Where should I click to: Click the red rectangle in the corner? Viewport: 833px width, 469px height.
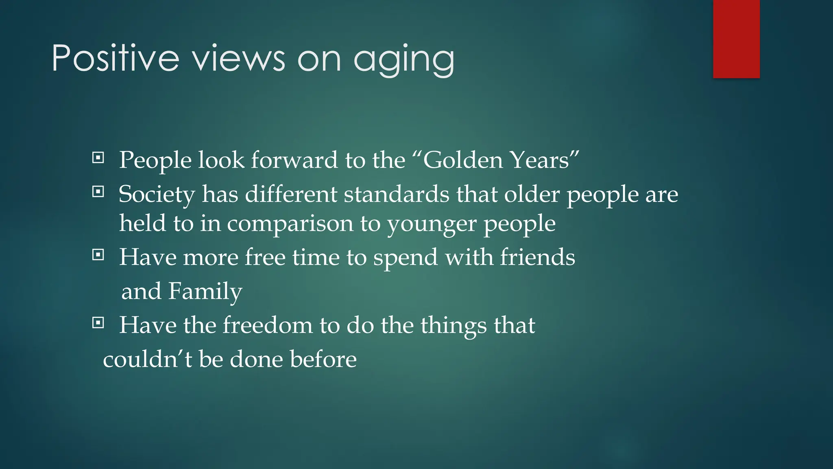point(736,39)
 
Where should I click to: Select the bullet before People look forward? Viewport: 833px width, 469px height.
point(98,158)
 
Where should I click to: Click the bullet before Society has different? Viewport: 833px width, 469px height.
point(98,191)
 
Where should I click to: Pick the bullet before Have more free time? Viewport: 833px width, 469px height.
point(98,255)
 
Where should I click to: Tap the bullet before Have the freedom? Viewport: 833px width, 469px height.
point(98,323)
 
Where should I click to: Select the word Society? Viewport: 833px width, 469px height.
point(157,194)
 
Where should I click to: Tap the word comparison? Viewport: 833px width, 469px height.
point(290,224)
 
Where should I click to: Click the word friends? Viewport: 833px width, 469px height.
point(537,257)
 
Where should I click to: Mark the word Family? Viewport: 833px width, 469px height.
point(205,291)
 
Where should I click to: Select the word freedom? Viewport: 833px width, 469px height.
point(267,325)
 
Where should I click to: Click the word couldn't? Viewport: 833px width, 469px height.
point(147,359)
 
